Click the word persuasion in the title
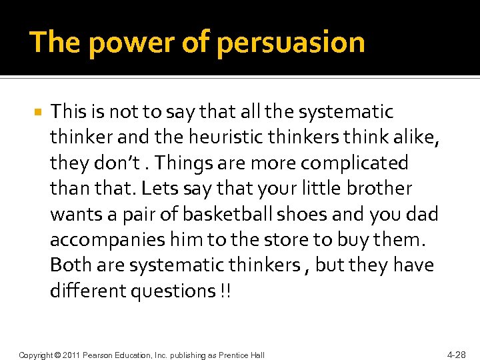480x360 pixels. click(x=291, y=43)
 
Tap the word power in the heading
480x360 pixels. click(x=113, y=43)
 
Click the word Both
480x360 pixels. click(x=71, y=265)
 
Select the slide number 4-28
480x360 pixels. click(x=456, y=354)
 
